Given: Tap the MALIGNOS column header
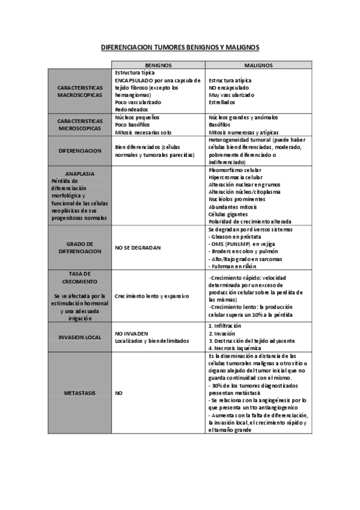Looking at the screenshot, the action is coord(258,65).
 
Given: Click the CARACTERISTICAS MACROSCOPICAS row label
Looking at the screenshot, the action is coord(80,91).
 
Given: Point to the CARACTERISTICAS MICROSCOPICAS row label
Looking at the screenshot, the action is coord(80,124).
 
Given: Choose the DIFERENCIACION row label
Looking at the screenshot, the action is coord(80,150).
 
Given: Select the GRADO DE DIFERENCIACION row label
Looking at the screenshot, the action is coord(80,248).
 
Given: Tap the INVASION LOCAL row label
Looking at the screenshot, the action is coord(80,337).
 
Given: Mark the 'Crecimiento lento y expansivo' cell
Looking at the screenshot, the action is coord(152,296).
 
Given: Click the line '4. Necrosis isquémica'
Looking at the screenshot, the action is coord(234,348).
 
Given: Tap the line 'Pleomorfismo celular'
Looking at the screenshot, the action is coord(235,170).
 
